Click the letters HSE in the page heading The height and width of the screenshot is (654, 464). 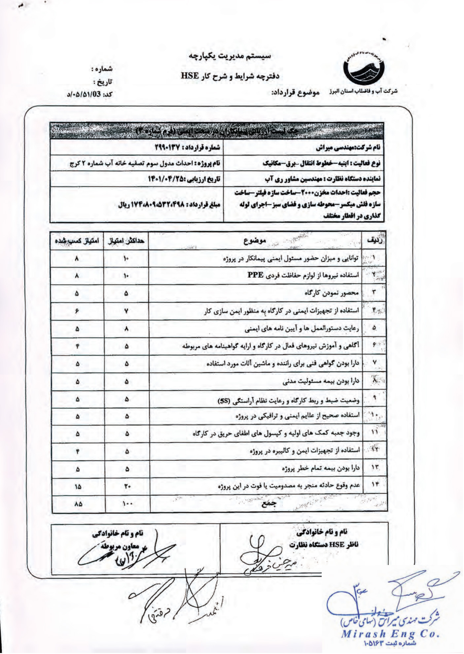click(x=190, y=76)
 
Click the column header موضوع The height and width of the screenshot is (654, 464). click(x=255, y=241)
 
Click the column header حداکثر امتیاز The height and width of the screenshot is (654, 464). click(x=126, y=241)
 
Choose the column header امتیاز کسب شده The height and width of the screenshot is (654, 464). click(x=77, y=241)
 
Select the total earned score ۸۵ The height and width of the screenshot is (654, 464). click(x=78, y=504)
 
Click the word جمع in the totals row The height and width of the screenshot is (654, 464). click(x=268, y=504)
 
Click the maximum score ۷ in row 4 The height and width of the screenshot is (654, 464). click(x=126, y=311)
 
